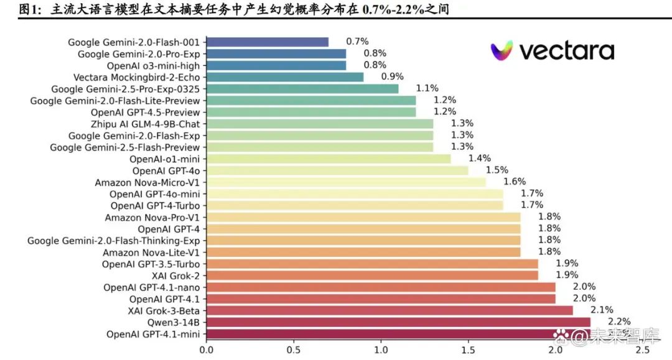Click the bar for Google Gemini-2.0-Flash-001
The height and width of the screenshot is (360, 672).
pyautogui.click(x=268, y=42)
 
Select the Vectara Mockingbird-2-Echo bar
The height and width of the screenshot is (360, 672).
pyautogui.click(x=285, y=77)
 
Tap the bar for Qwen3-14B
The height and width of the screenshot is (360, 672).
pyautogui.click(x=398, y=322)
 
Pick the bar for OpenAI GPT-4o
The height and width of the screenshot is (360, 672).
pyautogui.click(x=337, y=170)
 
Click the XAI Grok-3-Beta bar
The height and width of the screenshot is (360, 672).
pyautogui.click(x=390, y=310)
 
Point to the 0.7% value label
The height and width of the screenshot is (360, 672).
pyautogui.click(x=358, y=42)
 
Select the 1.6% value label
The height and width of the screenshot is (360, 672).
pyautogui.click(x=515, y=182)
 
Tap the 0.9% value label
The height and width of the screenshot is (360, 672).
pyautogui.click(x=393, y=76)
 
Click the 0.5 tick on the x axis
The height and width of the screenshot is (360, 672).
pyautogui.click(x=293, y=350)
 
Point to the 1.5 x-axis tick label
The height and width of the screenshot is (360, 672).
pyautogui.click(x=468, y=350)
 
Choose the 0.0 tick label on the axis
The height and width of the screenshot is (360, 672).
pyautogui.click(x=206, y=350)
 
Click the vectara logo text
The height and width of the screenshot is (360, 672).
pyautogui.click(x=566, y=51)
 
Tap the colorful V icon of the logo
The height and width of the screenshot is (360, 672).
pyautogui.click(x=502, y=50)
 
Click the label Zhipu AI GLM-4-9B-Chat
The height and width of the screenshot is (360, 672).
pyautogui.click(x=145, y=124)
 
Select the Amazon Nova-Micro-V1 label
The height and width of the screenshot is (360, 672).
pyautogui.click(x=147, y=182)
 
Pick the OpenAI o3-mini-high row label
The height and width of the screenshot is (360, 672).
pyautogui.click(x=153, y=65)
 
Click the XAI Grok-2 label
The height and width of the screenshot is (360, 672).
pyautogui.click(x=175, y=275)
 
